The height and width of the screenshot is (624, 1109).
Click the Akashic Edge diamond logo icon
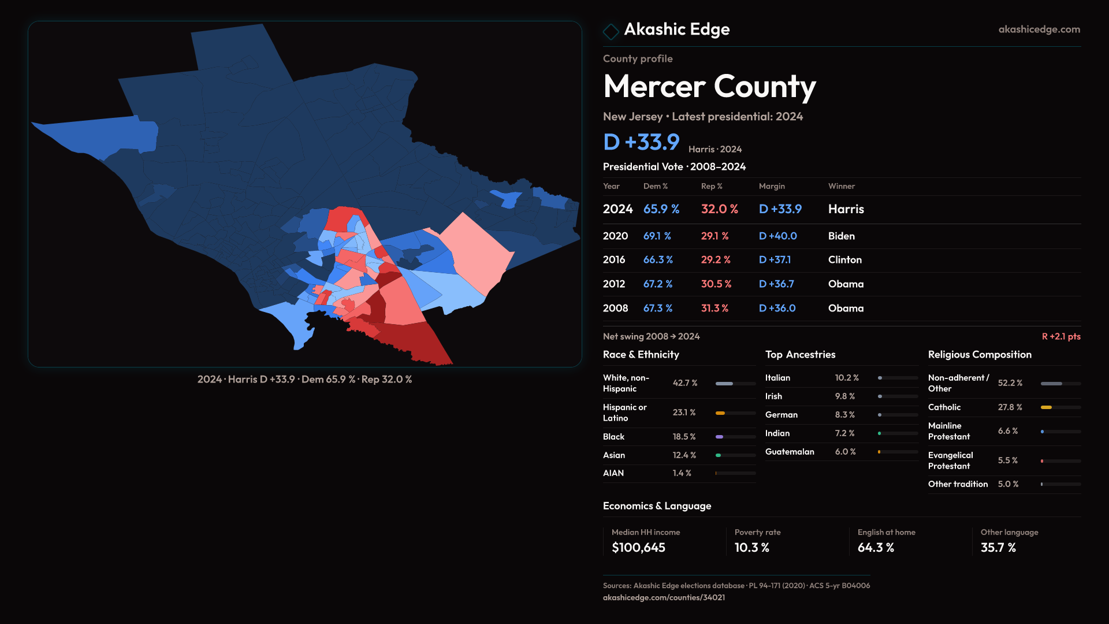pyautogui.click(x=611, y=31)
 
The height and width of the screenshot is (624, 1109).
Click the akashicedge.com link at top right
pyautogui.click(x=1039, y=29)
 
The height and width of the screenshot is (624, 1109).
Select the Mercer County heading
pyautogui.click(x=709, y=87)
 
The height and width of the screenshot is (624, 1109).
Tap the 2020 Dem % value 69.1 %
pyautogui.click(x=657, y=236)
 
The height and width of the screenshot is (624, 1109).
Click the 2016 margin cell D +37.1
pyautogui.click(x=775, y=260)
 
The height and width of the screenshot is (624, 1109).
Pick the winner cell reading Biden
pyautogui.click(x=841, y=236)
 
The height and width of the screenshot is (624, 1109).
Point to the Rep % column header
pyautogui.click(x=711, y=186)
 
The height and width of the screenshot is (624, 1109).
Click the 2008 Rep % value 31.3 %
pyautogui.click(x=714, y=309)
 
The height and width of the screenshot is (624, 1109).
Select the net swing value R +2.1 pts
pyautogui.click(x=1060, y=336)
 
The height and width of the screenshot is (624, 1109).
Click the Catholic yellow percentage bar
pyautogui.click(x=1046, y=407)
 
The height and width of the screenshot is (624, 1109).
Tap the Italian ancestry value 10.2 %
pyautogui.click(x=846, y=378)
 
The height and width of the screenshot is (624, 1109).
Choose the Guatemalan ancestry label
pyautogui.click(x=789, y=452)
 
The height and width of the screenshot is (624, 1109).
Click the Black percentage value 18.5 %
pyautogui.click(x=684, y=437)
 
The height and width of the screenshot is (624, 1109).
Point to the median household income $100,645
pyautogui.click(x=638, y=548)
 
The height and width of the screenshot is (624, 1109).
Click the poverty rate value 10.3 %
pyautogui.click(x=751, y=548)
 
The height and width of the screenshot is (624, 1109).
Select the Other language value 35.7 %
pyautogui.click(x=998, y=548)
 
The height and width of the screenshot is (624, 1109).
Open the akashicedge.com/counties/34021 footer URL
pyautogui.click(x=664, y=597)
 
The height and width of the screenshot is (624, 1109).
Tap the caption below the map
pyautogui.click(x=304, y=380)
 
